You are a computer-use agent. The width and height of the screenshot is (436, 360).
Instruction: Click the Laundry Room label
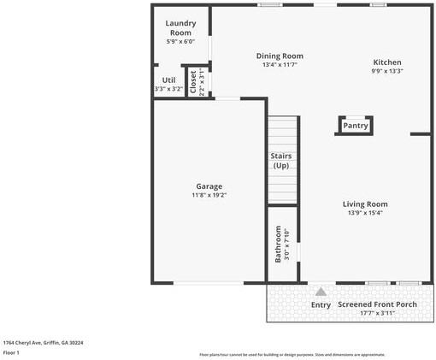pyautogui.click(x=180, y=27)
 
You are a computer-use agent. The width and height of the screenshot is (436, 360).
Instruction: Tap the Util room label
pyautogui.click(x=168, y=80)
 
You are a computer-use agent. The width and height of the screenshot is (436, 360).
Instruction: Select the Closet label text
pyautogui.click(x=192, y=82)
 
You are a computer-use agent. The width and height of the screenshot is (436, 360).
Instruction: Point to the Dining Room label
pyautogui.click(x=280, y=56)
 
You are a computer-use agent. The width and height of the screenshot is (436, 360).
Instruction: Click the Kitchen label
pyautogui.click(x=386, y=62)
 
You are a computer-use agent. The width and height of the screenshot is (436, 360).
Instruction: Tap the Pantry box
pyautogui.click(x=355, y=126)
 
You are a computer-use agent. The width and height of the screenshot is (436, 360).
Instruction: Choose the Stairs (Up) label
pyautogui.click(x=281, y=161)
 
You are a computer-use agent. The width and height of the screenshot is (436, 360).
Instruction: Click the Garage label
pyautogui.click(x=209, y=186)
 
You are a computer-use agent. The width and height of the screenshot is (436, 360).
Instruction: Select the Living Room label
pyautogui.click(x=365, y=204)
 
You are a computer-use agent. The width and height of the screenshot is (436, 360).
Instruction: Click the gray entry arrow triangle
pyautogui.click(x=321, y=292)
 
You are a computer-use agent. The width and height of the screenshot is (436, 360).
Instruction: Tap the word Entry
pyautogui.click(x=321, y=305)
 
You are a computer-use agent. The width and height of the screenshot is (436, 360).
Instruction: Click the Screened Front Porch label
pyautogui.click(x=377, y=304)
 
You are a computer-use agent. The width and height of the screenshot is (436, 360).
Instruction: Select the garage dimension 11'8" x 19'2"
pyautogui.click(x=209, y=195)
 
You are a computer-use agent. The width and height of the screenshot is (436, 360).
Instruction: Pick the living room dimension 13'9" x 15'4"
pyautogui.click(x=365, y=213)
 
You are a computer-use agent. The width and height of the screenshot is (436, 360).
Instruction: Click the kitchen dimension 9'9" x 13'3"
pyautogui.click(x=386, y=71)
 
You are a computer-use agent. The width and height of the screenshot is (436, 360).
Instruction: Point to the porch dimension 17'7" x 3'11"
pyautogui.click(x=377, y=313)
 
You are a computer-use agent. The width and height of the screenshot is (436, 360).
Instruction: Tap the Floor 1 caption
pyautogui.click(x=11, y=352)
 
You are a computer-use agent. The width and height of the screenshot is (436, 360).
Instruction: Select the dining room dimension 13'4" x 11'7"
pyautogui.click(x=280, y=65)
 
